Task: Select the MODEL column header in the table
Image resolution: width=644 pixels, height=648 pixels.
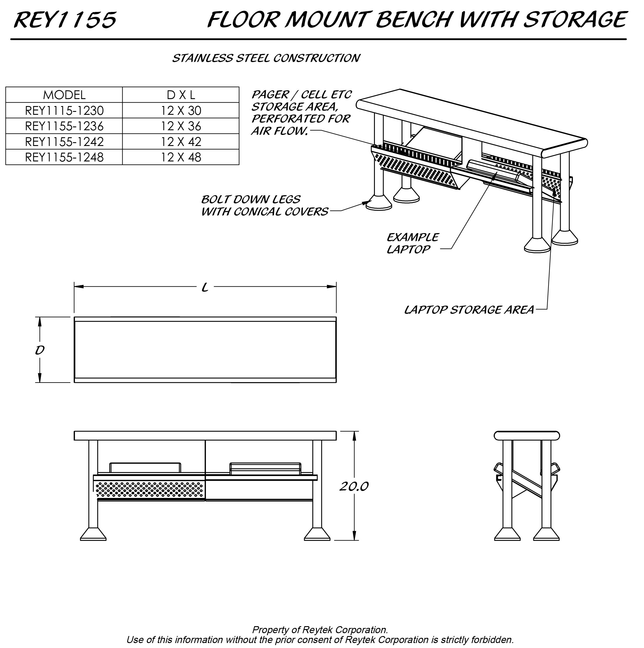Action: pos(64,95)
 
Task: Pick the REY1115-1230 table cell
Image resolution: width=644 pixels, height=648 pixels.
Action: pos(64,110)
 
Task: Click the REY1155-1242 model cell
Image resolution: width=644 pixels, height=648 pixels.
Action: pos(64,142)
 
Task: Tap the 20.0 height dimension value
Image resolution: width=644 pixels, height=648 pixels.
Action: pos(354,486)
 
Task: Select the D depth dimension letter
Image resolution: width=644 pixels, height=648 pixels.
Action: pos(40,350)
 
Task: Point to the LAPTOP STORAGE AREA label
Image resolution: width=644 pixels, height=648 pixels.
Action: pos(469,310)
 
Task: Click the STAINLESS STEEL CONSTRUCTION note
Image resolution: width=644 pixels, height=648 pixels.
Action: pos(266,58)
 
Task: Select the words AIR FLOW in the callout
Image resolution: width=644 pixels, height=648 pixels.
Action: pos(279,131)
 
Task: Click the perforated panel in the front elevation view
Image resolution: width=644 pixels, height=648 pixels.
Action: pos(150,489)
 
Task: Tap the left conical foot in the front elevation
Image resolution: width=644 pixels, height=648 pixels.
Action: pos(93,534)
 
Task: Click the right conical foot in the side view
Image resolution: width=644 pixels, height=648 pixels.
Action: pos(546,534)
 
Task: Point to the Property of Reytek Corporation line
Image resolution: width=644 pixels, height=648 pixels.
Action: pos(320,630)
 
